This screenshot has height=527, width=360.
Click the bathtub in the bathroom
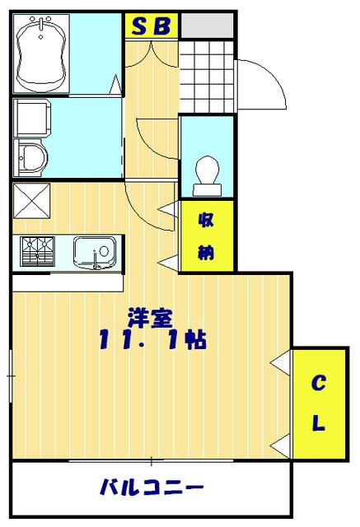[x=41, y=54]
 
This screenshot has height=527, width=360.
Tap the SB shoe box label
[x=152, y=26]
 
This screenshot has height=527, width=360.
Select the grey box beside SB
[x=207, y=26]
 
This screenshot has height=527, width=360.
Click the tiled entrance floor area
[x=207, y=77]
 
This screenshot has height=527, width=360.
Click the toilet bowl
[x=208, y=175]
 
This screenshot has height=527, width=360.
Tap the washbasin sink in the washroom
[x=31, y=158]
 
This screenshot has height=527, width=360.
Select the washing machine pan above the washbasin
[x=32, y=118]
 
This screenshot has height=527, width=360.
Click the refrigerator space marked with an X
[x=31, y=201]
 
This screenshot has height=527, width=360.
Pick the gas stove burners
[x=37, y=251]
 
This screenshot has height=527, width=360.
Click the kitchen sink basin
[x=95, y=253]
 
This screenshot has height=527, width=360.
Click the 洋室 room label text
[x=150, y=317]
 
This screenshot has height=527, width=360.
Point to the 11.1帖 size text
[x=152, y=339]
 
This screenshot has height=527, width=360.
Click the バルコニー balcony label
[x=152, y=487]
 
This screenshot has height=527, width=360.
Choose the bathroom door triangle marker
[x=115, y=84]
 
